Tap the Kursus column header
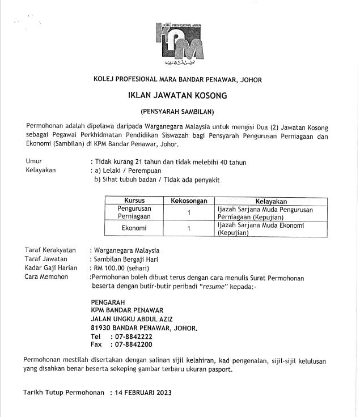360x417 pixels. (x=134, y=201)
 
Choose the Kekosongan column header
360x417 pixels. (x=188, y=201)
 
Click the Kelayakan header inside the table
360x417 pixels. (x=270, y=201)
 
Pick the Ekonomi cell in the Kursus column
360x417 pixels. (x=134, y=229)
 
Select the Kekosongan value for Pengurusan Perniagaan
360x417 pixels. (x=188, y=213)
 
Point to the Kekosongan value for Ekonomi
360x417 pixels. (x=188, y=229)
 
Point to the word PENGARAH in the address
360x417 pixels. (x=108, y=302)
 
